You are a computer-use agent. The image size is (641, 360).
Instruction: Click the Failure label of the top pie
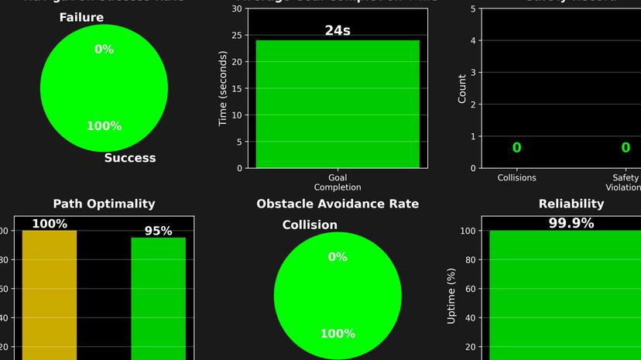click(x=81, y=18)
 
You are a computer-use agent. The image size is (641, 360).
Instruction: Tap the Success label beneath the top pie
click(x=130, y=158)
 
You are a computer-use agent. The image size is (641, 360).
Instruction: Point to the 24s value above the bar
click(x=338, y=31)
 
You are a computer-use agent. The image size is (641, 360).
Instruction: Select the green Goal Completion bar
click(x=338, y=104)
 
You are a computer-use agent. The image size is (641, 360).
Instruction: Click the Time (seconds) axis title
click(x=223, y=88)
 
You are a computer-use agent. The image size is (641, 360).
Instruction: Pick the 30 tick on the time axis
click(x=236, y=9)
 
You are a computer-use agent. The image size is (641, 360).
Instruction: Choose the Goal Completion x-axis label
click(x=338, y=183)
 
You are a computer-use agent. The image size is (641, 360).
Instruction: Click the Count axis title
click(x=462, y=88)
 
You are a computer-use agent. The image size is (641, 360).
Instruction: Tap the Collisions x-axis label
click(x=516, y=178)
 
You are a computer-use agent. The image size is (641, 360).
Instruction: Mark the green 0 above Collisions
click(x=516, y=148)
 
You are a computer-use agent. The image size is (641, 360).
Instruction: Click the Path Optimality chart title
click(x=104, y=204)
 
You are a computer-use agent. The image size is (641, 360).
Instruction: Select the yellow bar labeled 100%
click(x=50, y=294)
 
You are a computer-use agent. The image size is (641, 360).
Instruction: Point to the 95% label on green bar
click(x=158, y=231)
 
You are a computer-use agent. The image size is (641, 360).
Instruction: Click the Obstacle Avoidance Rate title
click(x=338, y=204)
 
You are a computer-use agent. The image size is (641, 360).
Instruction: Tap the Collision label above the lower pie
click(x=310, y=225)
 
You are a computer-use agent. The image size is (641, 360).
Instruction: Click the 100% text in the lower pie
click(x=338, y=334)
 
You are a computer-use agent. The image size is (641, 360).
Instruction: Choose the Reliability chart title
click(x=571, y=204)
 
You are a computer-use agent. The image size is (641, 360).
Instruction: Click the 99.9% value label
click(x=571, y=224)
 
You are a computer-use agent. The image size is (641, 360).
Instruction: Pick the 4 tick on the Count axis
click(x=472, y=40)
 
